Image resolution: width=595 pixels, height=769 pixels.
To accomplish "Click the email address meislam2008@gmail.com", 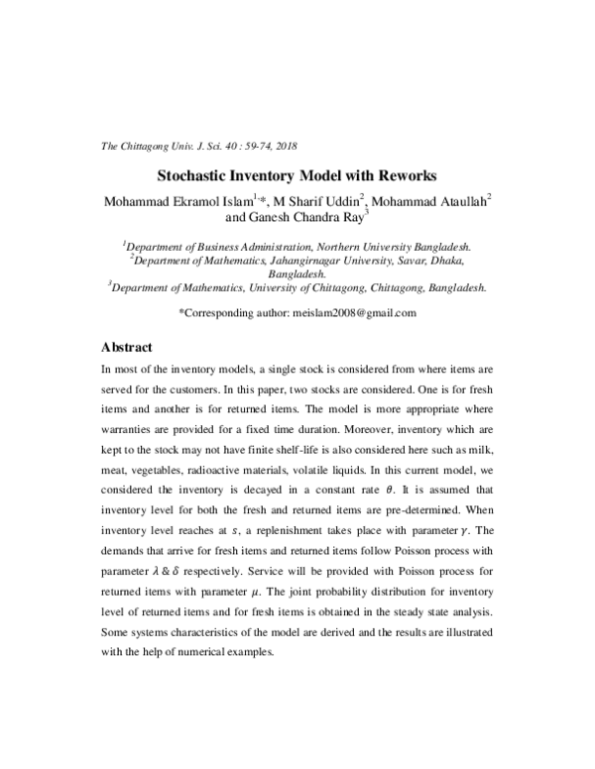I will tap(353, 313).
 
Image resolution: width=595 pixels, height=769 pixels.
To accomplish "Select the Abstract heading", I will tap(128, 348).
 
